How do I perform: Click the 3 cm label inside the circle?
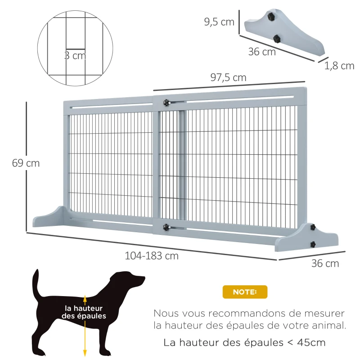[x=74, y=56]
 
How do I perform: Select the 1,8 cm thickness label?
[x=339, y=66]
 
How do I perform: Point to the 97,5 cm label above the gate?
[x=228, y=77]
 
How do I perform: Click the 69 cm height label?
[x=26, y=163]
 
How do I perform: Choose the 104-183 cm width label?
[x=152, y=256]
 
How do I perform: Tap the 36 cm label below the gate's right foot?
[x=325, y=263]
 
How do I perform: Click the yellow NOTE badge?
[x=245, y=292]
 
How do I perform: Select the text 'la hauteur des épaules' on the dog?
[x=84, y=312]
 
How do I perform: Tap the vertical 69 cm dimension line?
[x=27, y=135]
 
